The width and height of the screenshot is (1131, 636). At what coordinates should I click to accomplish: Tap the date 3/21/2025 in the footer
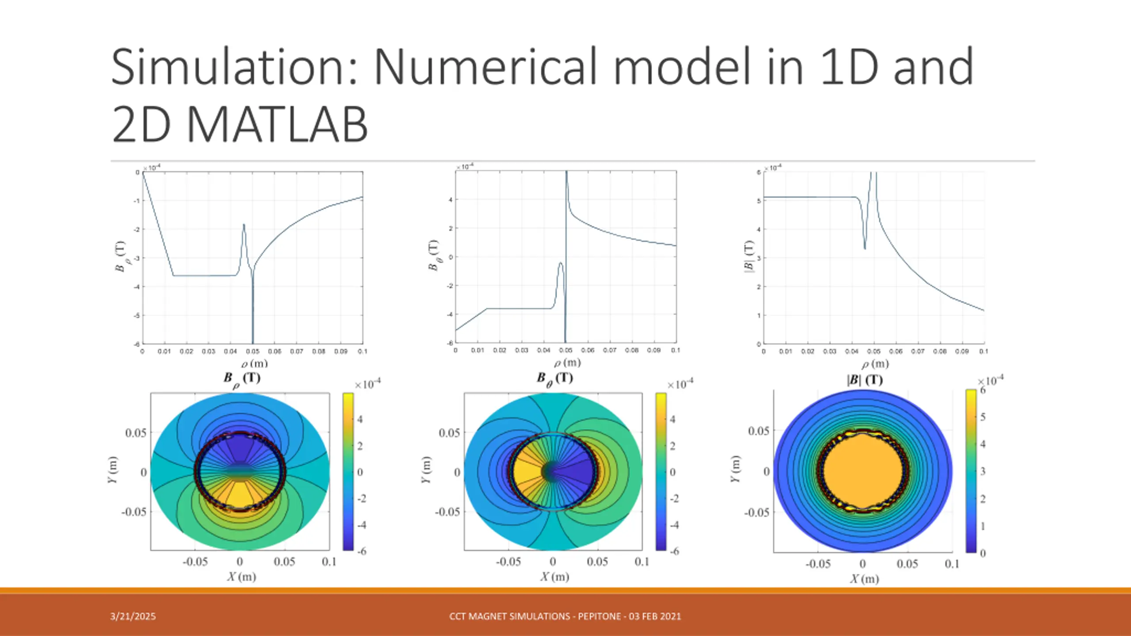(133, 616)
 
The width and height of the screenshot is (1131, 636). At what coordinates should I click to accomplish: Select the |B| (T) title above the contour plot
(865, 380)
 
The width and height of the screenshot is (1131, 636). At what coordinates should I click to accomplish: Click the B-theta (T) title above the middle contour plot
(555, 379)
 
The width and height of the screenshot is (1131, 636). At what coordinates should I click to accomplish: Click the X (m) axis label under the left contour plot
(242, 576)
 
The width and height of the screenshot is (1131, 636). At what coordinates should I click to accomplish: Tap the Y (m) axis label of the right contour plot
(734, 469)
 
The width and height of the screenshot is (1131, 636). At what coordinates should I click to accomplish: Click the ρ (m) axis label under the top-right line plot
(875, 364)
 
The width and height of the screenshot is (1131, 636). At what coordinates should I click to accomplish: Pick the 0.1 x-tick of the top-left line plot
(362, 352)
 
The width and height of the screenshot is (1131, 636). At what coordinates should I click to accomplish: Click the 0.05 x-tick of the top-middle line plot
(565, 350)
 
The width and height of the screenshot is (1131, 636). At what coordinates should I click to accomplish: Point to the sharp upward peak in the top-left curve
(244, 225)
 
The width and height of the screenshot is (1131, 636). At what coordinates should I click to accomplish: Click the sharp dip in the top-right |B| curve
(865, 248)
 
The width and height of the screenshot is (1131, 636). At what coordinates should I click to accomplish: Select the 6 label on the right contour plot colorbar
(983, 390)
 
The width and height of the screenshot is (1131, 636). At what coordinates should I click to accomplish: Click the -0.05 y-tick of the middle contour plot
(448, 512)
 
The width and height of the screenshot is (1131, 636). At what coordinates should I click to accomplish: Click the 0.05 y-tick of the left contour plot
(136, 433)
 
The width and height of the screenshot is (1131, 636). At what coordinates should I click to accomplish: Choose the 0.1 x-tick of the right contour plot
(952, 564)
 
